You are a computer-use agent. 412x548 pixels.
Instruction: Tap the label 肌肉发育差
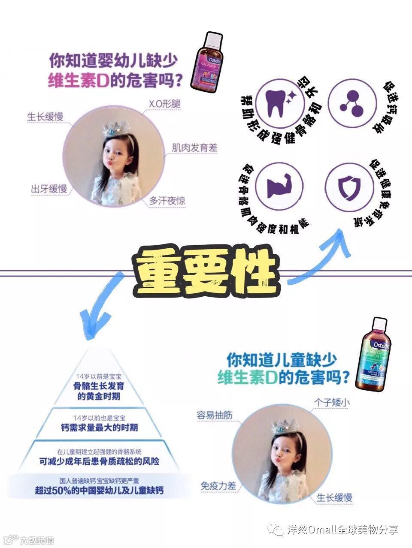pyautogui.click(x=194, y=148)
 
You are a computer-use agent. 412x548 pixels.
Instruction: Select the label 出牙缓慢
pyautogui.click(x=48, y=189)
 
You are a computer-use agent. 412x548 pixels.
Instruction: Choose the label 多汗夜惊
pyautogui.click(x=167, y=201)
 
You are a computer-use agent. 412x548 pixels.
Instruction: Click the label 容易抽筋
pyautogui.click(x=215, y=415)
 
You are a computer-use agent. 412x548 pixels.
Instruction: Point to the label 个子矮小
pyautogui.click(x=332, y=402)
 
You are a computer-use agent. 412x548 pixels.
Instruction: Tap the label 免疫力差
pyautogui.click(x=218, y=486)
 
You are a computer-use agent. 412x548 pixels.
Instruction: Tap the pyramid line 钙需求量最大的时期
pyautogui.click(x=99, y=428)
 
